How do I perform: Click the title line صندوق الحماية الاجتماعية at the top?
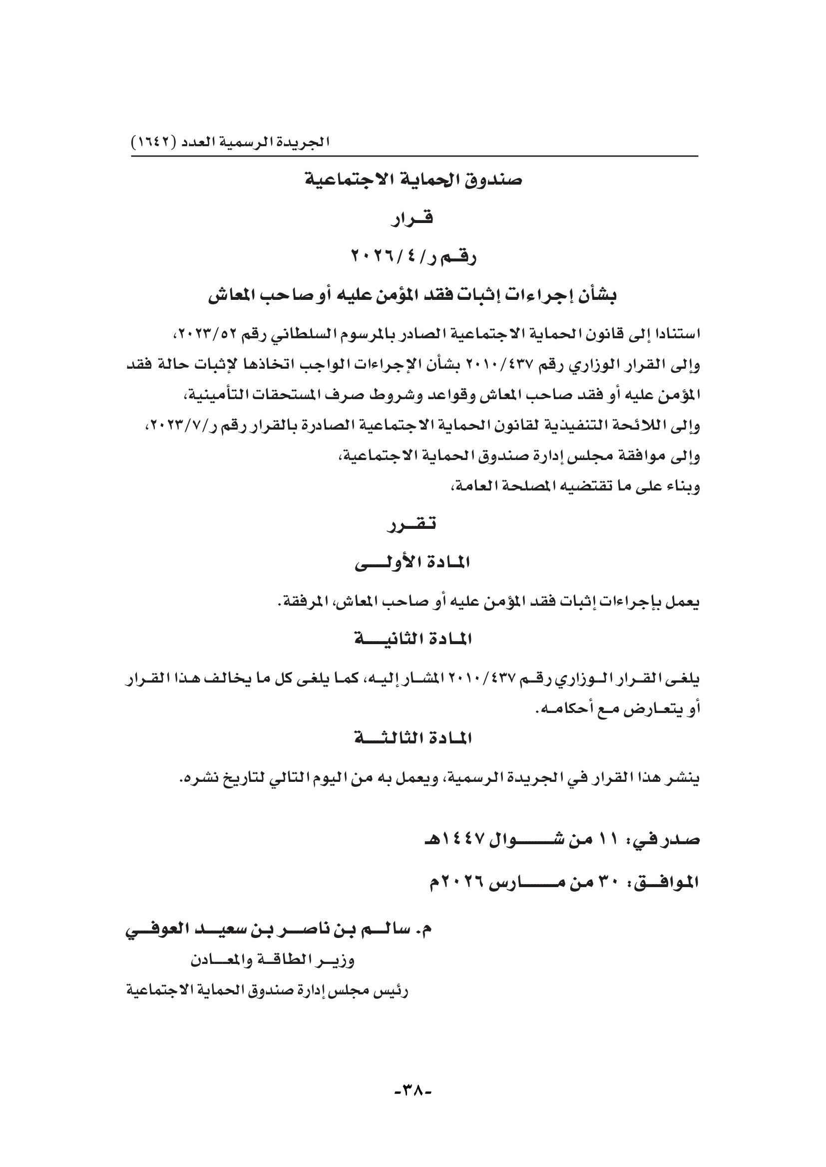click(x=413, y=181)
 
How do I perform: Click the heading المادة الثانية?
click(x=413, y=640)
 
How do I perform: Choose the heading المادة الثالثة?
click(x=413, y=738)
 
